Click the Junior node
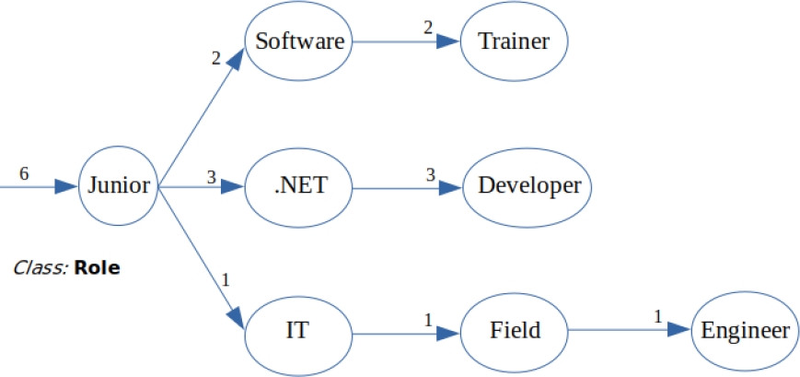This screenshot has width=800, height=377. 119,185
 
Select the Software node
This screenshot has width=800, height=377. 300,41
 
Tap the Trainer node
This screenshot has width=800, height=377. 514,41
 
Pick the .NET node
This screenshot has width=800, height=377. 300,185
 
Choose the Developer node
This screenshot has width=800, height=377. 529,185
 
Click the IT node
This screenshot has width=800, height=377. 300,329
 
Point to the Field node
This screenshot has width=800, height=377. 514,329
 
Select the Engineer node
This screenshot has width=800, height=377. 744,329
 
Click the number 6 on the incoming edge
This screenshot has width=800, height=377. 24,173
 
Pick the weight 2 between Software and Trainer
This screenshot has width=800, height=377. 427,28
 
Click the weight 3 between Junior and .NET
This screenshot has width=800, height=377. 211,174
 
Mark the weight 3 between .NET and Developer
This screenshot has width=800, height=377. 429,173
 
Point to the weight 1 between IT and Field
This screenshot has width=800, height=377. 428,318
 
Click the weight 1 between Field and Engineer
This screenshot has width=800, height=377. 657,317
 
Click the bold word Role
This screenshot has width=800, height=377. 97,269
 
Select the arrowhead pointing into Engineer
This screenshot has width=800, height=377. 679,329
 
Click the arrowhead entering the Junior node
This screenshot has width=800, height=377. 65,186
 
